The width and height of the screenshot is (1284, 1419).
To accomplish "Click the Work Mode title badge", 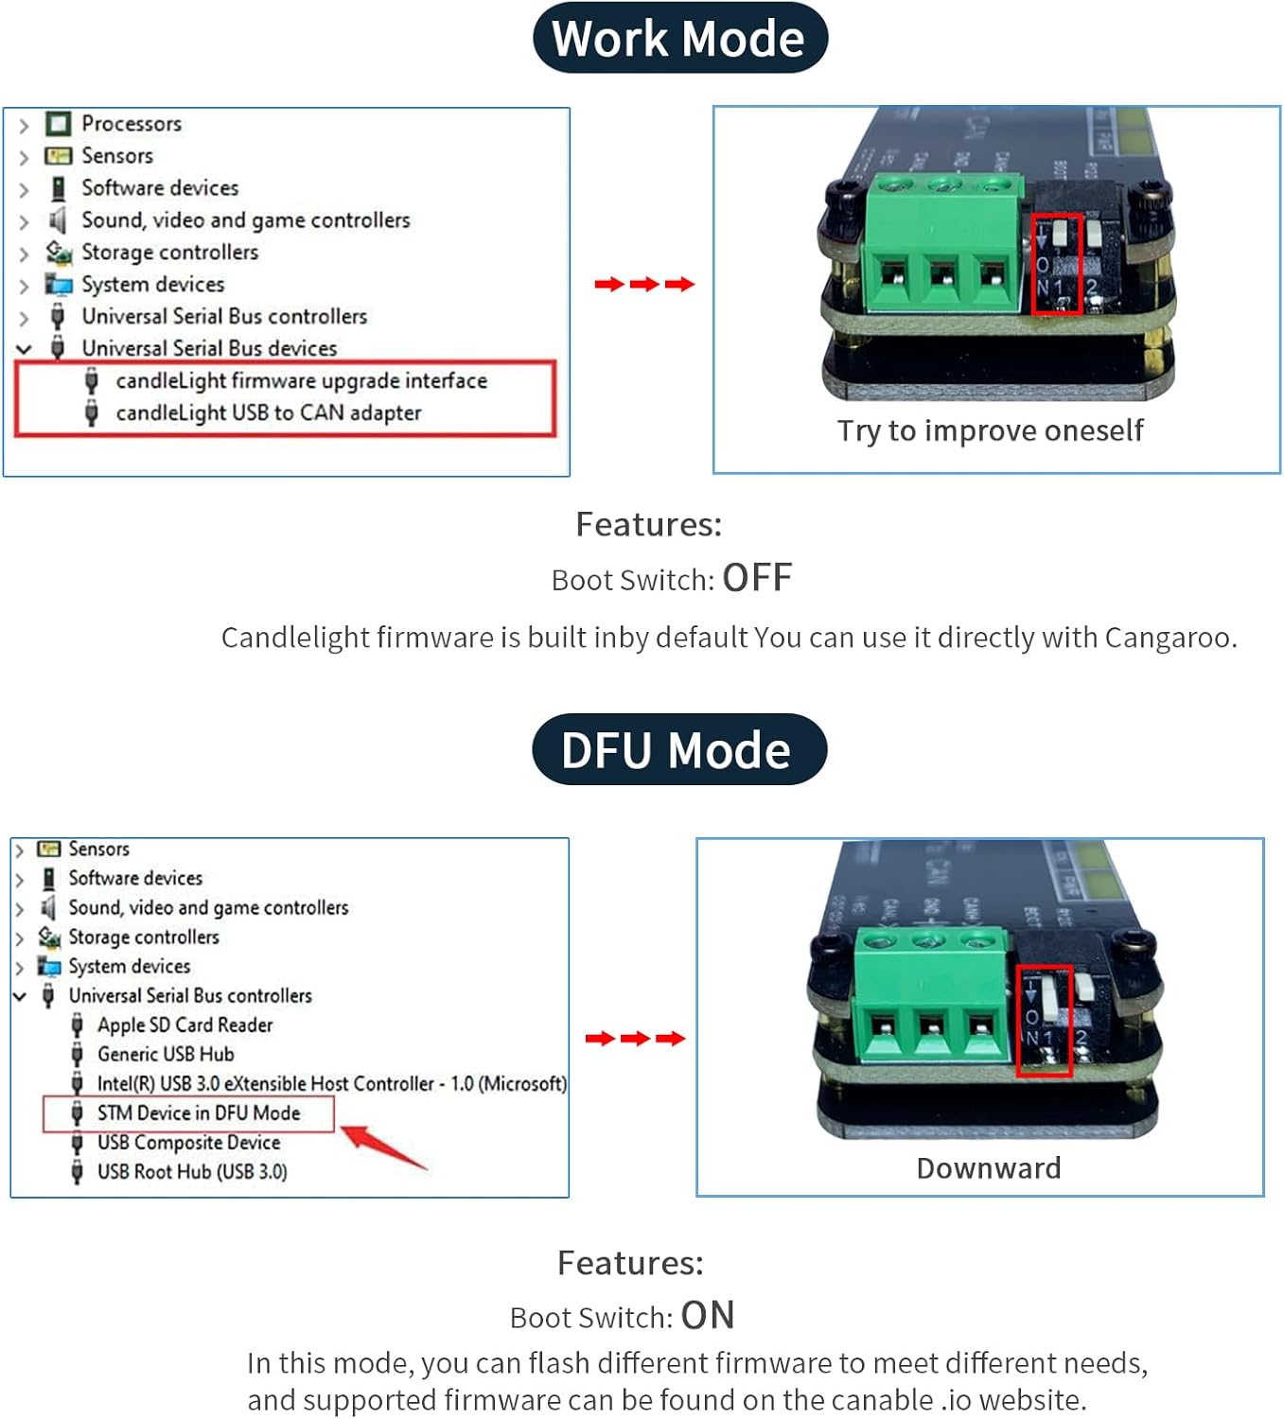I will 679,39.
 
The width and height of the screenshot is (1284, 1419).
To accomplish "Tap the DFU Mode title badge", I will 678,750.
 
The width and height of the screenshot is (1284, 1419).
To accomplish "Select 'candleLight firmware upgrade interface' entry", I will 301,380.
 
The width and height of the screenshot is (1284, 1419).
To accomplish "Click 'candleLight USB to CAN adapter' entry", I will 268,412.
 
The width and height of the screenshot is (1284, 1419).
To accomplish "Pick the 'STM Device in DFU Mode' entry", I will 198,1113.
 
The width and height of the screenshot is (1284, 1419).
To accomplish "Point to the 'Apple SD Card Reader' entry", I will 185,1025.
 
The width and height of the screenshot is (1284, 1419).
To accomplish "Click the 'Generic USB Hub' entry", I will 166,1054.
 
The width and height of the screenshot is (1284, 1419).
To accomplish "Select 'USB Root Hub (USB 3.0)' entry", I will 192,1171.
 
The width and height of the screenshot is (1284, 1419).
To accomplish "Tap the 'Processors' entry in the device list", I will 131,124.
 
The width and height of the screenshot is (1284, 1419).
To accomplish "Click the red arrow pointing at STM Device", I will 382,1146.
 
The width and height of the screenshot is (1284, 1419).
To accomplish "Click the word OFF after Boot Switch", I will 757,578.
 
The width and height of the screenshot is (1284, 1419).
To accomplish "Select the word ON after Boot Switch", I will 708,1316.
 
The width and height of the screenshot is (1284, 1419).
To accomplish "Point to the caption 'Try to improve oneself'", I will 990,430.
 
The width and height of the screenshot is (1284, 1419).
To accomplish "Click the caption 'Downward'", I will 988,1168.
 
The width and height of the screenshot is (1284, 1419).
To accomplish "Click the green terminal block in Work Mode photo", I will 942,244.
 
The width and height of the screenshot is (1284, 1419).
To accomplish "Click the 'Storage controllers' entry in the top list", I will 169,252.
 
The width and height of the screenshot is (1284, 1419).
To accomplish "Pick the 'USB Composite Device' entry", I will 188,1143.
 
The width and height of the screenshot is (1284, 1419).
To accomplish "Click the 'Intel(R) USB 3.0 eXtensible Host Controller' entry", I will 331,1083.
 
